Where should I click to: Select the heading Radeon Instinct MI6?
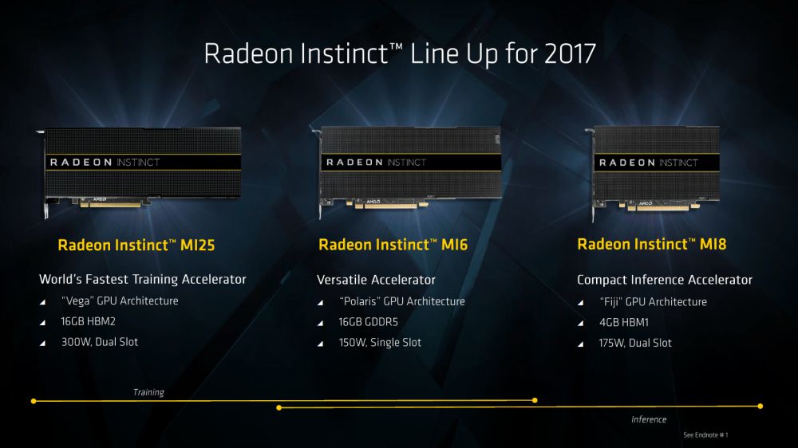(393, 245)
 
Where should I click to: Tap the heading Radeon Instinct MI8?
(651, 244)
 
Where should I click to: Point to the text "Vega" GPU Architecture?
(120, 301)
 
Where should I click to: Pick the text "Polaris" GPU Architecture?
(402, 301)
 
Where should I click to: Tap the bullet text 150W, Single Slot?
(380, 343)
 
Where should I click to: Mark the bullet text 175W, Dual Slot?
(635, 343)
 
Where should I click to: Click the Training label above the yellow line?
(148, 392)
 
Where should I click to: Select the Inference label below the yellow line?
(648, 419)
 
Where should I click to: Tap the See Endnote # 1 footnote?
(705, 435)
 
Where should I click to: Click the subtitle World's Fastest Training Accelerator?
(143, 280)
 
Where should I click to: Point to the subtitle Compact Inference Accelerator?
(665, 280)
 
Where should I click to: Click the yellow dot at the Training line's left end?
(34, 400)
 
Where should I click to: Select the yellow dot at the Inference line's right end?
(760, 407)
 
